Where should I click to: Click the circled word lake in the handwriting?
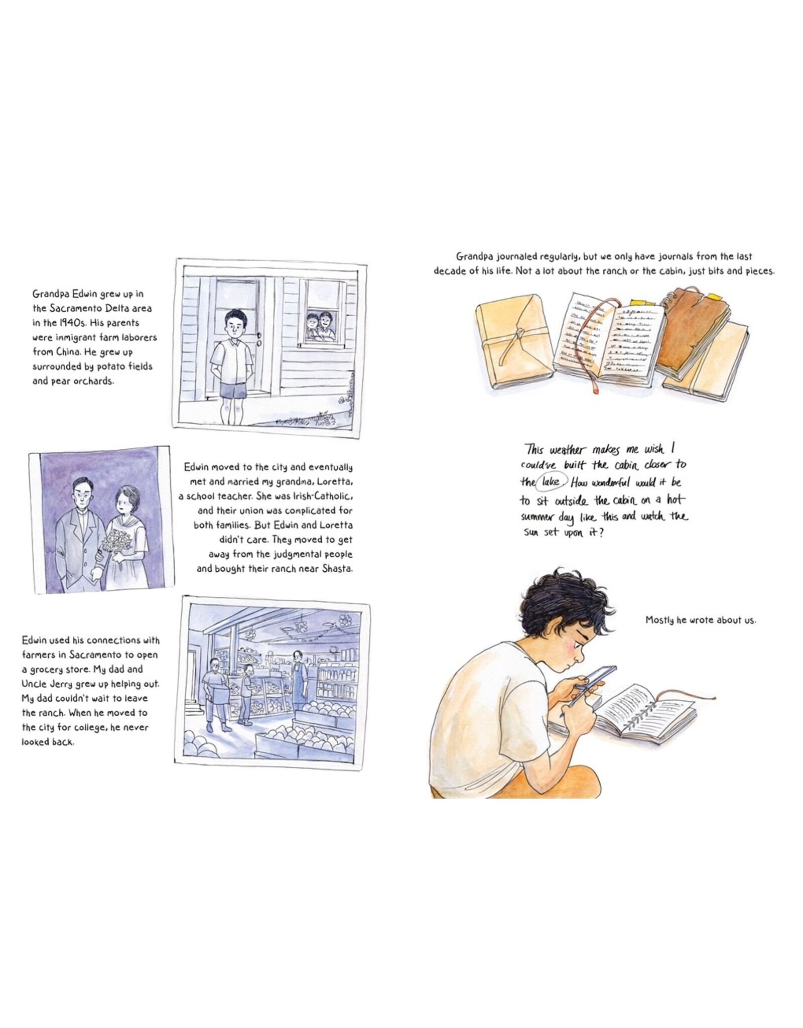pyautogui.click(x=551, y=482)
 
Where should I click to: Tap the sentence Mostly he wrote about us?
pyautogui.click(x=701, y=620)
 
